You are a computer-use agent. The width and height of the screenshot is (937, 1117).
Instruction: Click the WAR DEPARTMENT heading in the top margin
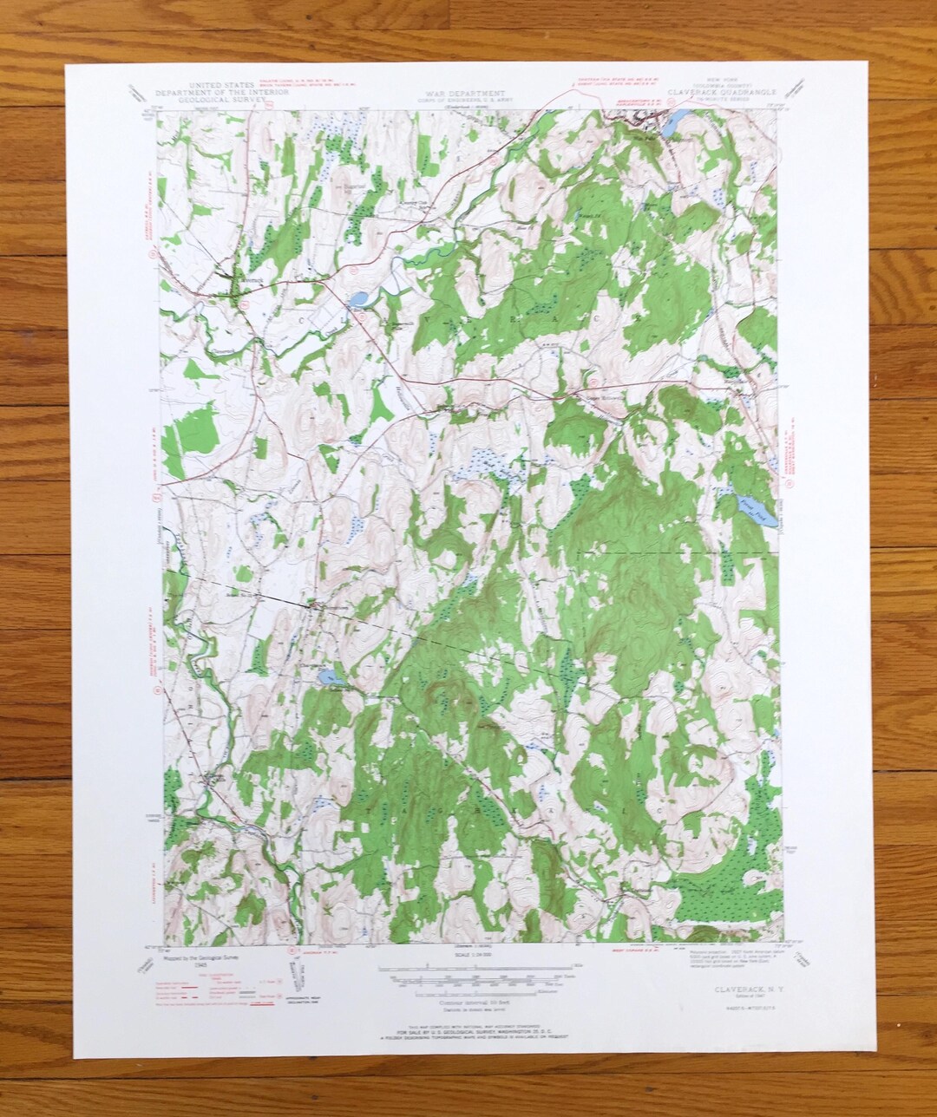(464, 93)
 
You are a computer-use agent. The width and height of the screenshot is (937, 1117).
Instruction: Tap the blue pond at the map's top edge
(671, 126)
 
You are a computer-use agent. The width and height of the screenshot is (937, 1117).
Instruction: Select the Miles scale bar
(486, 967)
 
